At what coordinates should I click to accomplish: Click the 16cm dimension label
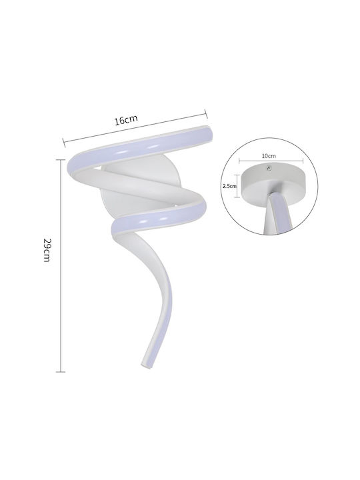[126, 120]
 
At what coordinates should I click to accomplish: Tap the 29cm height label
[47, 250]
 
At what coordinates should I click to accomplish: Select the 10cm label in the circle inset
[269, 156]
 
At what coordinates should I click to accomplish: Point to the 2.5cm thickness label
[229, 186]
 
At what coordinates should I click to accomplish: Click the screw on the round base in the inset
[269, 167]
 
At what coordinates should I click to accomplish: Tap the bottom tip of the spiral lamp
[144, 365]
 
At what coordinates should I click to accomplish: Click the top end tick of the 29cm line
[61, 160]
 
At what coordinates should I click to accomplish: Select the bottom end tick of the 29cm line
[61, 372]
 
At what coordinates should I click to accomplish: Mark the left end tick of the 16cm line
[64, 143]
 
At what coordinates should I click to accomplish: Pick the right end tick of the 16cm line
[206, 113]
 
